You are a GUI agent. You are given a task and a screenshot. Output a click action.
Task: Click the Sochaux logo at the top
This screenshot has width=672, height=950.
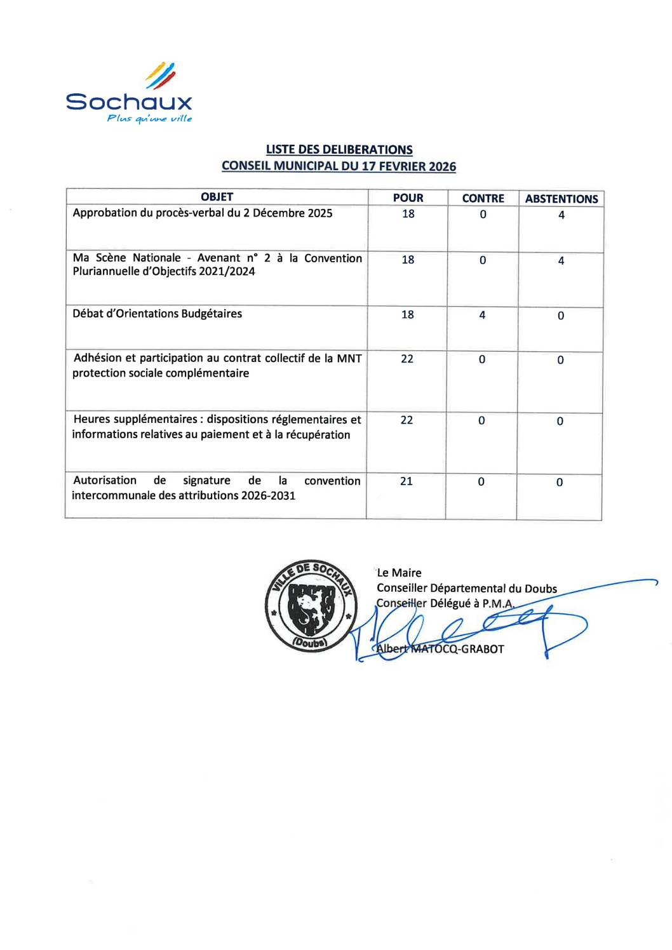129,92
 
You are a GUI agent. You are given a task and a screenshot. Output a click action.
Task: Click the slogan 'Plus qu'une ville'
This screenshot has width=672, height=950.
149,118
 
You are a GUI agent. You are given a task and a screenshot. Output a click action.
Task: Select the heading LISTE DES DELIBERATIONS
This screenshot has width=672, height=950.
339,150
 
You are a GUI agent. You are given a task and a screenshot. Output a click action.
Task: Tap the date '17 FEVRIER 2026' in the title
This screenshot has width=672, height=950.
408,166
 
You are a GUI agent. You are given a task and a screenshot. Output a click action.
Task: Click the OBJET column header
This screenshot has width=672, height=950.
217,197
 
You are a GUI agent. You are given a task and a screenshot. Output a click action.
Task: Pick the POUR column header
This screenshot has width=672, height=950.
408,198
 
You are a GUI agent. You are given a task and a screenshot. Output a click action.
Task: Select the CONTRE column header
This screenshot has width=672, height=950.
483,199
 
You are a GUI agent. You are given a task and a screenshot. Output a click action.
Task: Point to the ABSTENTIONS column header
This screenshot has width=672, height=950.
561,199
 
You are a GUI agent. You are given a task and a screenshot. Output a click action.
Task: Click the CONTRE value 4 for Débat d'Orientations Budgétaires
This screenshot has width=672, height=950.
482,315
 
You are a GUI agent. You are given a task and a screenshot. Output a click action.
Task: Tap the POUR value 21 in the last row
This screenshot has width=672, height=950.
407,481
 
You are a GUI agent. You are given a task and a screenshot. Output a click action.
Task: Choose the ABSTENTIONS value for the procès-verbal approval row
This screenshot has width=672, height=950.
561,215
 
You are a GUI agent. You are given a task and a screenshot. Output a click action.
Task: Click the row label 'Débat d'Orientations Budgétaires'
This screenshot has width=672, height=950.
157,314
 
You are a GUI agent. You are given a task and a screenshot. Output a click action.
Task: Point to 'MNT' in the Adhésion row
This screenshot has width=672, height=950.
349,358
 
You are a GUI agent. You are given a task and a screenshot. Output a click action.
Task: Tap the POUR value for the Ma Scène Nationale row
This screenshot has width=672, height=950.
408,260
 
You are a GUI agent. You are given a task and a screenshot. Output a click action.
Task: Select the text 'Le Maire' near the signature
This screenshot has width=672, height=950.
399,573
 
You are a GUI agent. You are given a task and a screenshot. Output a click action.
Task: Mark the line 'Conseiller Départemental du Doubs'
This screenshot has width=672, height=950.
467,589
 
